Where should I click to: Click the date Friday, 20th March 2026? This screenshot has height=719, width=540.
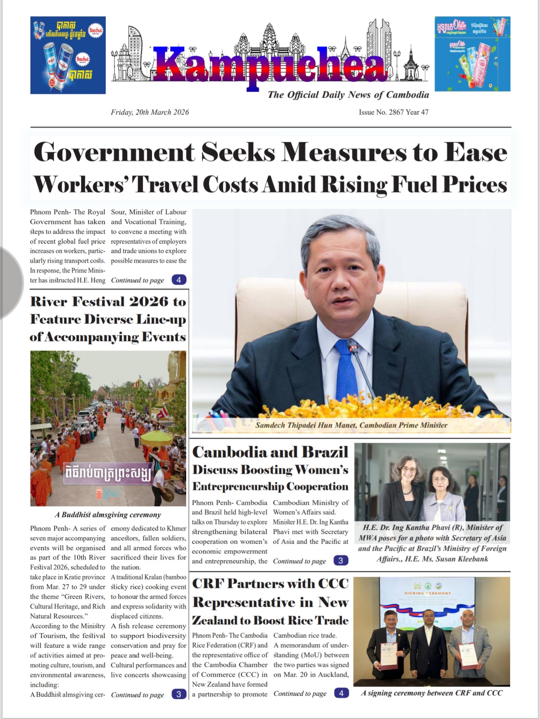(x=150, y=112)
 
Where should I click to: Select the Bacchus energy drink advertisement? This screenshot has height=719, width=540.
(x=68, y=55)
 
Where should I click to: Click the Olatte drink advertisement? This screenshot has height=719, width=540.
(x=472, y=54)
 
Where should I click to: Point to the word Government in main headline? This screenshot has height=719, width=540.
(x=114, y=152)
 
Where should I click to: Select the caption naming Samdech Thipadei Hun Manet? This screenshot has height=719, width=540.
(x=351, y=425)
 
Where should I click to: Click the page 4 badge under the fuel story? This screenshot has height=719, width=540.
(x=179, y=280)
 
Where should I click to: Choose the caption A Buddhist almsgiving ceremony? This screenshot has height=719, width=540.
(x=108, y=515)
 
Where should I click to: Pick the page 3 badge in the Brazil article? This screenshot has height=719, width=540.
(x=340, y=561)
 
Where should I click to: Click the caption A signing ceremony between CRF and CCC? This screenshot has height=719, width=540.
(x=432, y=693)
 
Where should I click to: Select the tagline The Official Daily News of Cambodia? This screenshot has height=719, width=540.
(x=348, y=95)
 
